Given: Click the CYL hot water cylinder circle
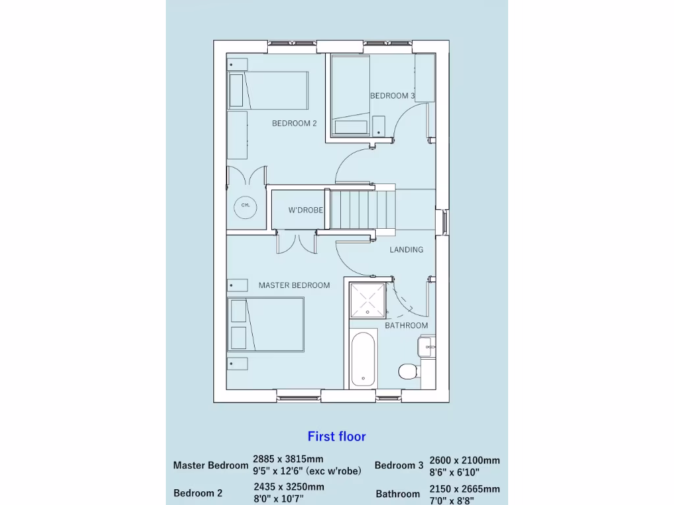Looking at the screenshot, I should [246, 205].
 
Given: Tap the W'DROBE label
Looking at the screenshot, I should [305, 210].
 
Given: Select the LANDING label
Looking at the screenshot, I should [406, 250].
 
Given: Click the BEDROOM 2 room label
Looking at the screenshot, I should [294, 124].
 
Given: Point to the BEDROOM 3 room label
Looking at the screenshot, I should [392, 96].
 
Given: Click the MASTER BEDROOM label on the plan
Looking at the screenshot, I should [294, 285].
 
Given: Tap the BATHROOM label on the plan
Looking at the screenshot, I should [406, 325].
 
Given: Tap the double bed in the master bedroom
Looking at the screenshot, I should [266, 325].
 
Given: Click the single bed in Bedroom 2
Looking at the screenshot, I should [268, 90].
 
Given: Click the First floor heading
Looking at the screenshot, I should [336, 436].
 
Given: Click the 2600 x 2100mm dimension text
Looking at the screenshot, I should [464, 460].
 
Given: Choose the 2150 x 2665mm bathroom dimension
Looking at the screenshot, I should [464, 489].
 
